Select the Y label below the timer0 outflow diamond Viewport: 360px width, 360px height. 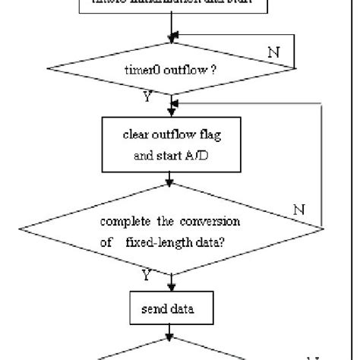pos(147,96)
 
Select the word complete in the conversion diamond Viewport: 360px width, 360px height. pos(120,223)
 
